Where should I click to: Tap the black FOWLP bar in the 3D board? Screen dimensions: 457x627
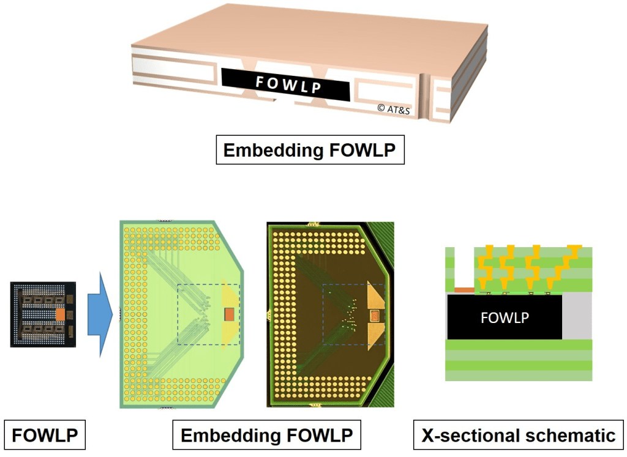(x=285, y=84)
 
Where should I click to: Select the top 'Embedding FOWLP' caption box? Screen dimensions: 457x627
(x=310, y=150)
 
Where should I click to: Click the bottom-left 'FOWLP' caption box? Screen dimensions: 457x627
(x=45, y=436)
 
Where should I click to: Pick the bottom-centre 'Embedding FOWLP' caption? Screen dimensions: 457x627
(x=267, y=436)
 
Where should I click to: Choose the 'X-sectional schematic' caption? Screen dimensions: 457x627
(x=519, y=436)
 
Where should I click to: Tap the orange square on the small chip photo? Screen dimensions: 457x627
(x=60, y=314)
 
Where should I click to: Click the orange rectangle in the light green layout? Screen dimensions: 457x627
(x=229, y=314)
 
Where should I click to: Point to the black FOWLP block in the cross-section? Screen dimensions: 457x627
(x=505, y=317)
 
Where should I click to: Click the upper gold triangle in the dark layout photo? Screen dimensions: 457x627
(x=374, y=295)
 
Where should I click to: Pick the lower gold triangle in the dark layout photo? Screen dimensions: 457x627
(x=374, y=335)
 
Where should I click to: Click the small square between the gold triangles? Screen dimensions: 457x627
(x=374, y=316)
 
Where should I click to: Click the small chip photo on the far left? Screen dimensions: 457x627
(x=43, y=314)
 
